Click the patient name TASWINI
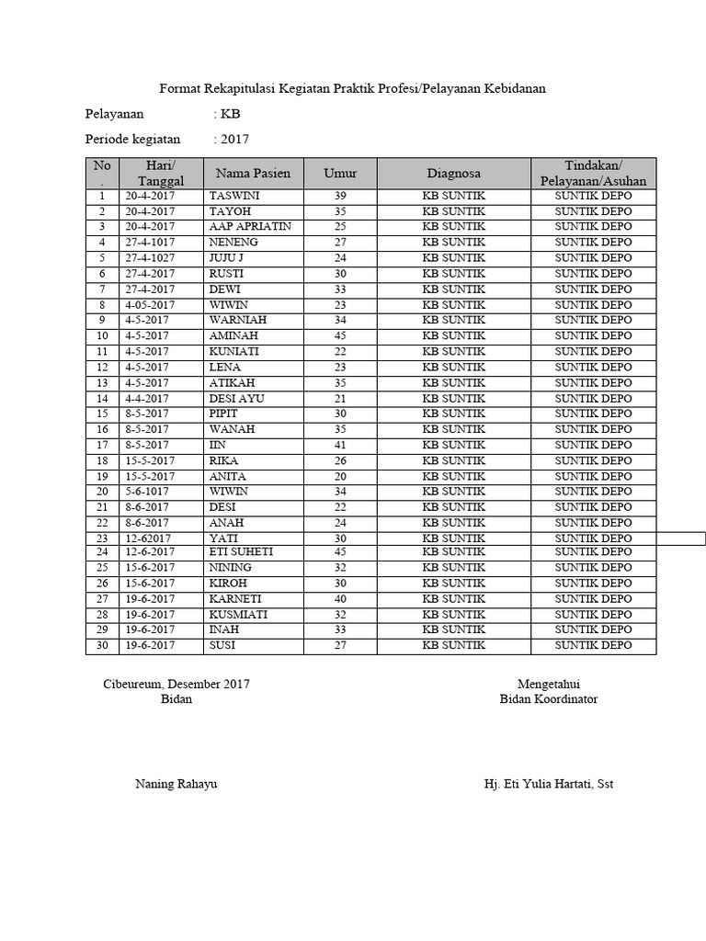(232, 196)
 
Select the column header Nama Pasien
(253, 173)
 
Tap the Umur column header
(340, 173)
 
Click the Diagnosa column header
(453, 173)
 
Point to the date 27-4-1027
(151, 258)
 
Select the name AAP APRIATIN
(250, 226)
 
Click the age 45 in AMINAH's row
(340, 336)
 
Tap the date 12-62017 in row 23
(151, 539)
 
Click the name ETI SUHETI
(242, 551)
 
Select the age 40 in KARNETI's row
(340, 599)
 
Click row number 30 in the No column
(102, 646)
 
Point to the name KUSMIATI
(239, 615)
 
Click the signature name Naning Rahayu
(176, 784)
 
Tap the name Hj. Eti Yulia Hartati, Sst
(548, 784)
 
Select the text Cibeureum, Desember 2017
(176, 684)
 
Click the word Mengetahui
(548, 684)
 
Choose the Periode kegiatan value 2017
(234, 140)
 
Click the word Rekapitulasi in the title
(238, 88)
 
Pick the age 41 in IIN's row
(340, 445)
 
